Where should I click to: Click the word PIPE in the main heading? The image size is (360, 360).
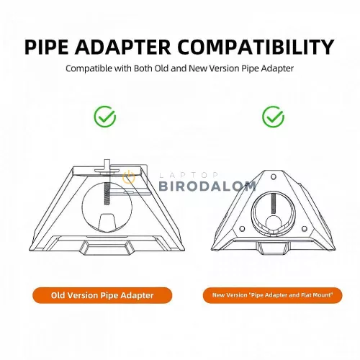tap(46, 47)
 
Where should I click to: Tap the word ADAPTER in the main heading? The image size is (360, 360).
tap(122, 47)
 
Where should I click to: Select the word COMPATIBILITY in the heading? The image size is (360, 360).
tap(256, 47)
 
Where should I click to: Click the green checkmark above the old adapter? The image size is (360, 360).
tap(105, 117)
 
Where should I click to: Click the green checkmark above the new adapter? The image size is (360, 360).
tap(273, 117)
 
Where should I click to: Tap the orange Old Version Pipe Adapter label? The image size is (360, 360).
tap(102, 295)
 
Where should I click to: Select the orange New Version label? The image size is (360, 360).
tap(272, 295)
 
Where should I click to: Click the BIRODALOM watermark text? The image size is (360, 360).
tap(207, 186)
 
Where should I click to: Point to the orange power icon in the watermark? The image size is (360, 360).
tap(129, 177)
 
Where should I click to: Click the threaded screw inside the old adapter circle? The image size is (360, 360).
tap(108, 193)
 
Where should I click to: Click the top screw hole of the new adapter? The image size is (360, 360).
tap(273, 177)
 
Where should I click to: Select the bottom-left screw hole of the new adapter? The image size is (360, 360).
tap(242, 228)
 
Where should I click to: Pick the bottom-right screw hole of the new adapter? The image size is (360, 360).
tap(304, 228)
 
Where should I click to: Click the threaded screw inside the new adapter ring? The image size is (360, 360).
tap(274, 204)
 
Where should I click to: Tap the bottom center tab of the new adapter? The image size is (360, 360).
tap(273, 248)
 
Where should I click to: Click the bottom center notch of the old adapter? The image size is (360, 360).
tap(107, 248)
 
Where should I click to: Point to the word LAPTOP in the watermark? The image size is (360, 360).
tap(189, 175)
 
